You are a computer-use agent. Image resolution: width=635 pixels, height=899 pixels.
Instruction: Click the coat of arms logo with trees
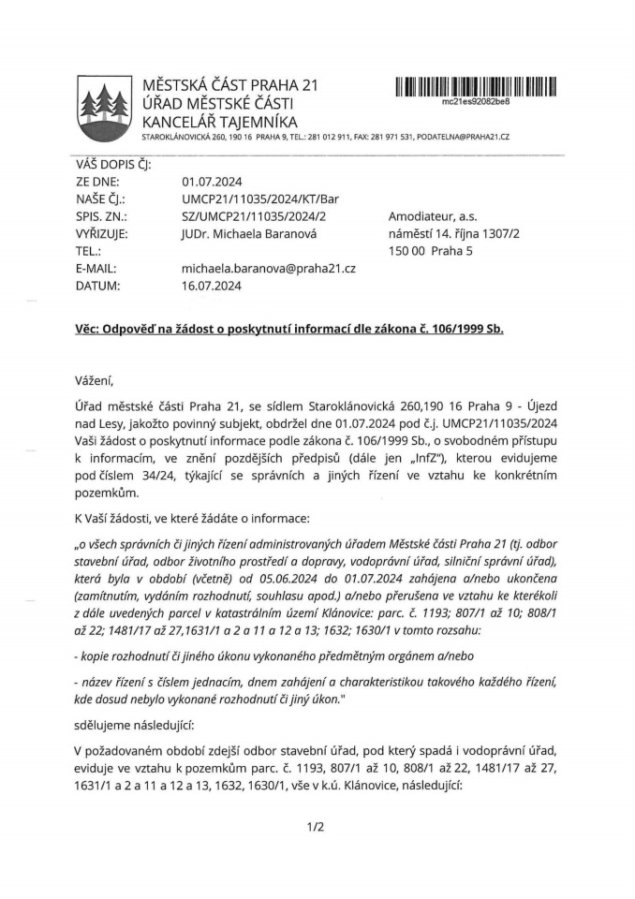[x=102, y=107]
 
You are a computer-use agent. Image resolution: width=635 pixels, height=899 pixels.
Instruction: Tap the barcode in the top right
[x=476, y=88]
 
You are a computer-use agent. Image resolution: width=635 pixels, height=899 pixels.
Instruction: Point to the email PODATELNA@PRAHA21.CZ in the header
[x=463, y=137]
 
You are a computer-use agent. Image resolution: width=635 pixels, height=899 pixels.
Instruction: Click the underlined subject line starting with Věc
[x=289, y=332]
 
